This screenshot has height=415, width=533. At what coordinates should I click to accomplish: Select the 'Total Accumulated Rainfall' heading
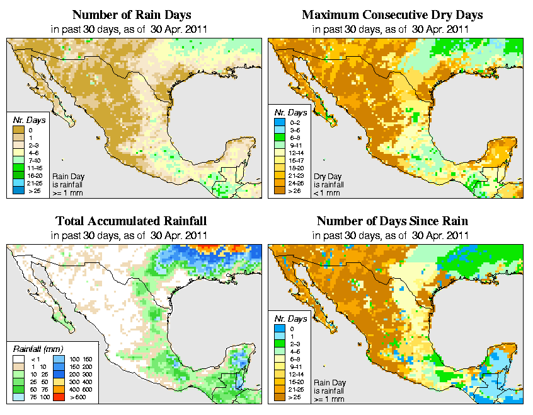(x=131, y=221)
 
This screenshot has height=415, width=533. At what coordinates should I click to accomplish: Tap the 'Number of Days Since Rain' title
(x=392, y=221)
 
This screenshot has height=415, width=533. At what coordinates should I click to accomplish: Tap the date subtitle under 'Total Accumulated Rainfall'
(x=131, y=235)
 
